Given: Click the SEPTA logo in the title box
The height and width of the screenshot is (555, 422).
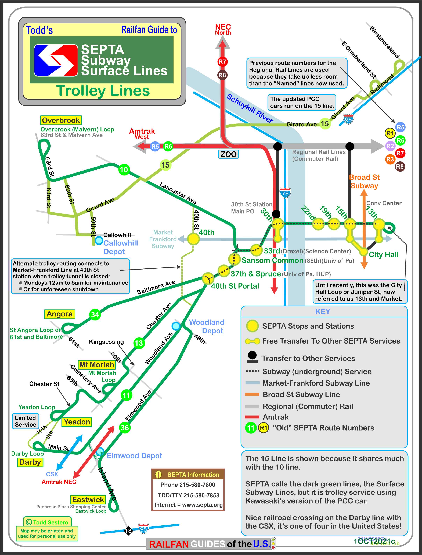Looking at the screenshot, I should click(x=56, y=60).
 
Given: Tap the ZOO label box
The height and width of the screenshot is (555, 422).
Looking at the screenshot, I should click(x=228, y=154).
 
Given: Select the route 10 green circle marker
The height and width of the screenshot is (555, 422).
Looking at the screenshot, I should click(x=124, y=170).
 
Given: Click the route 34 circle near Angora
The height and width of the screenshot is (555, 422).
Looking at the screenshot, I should click(x=95, y=314).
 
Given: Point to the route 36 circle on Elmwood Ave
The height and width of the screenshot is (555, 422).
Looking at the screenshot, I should click(x=125, y=427).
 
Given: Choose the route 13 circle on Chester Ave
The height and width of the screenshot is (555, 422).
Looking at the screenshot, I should click(x=139, y=343).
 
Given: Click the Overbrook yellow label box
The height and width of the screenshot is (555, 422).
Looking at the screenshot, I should click(x=61, y=121).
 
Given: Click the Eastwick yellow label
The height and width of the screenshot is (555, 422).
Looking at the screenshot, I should click(x=88, y=499).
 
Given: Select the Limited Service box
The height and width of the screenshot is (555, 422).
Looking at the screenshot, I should click(x=25, y=421).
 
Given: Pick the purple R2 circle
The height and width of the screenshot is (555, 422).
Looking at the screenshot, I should click(x=390, y=146).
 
